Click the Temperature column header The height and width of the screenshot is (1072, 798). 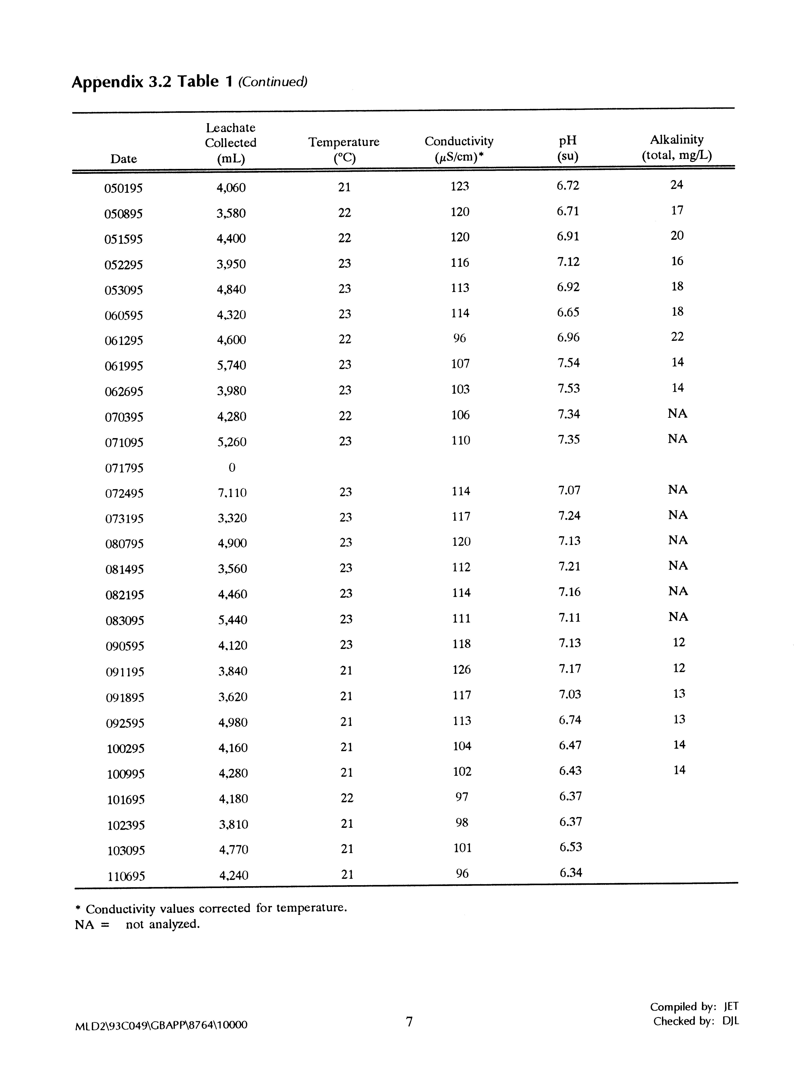344,150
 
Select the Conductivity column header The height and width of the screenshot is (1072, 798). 459,149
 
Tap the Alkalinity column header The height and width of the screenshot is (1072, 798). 677,147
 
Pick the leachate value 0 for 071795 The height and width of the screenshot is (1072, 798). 232,467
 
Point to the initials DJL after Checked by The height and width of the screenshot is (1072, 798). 731,1021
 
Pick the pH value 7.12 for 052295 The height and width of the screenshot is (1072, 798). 568,262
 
